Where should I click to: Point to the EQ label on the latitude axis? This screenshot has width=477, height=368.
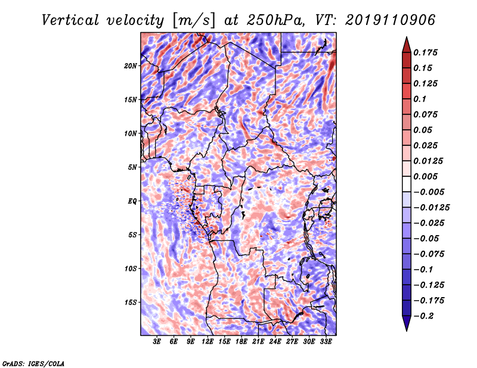[x=133, y=201]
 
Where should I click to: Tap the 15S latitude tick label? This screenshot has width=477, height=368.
[x=131, y=302]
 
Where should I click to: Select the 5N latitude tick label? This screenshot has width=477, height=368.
[x=133, y=167]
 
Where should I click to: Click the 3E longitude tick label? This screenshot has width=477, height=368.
[x=157, y=342]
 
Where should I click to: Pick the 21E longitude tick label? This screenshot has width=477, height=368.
[x=258, y=342]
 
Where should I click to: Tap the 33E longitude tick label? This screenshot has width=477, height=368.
[x=325, y=342]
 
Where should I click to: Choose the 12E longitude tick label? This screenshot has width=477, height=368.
[x=207, y=342]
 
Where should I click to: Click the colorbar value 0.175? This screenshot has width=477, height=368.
[x=427, y=52]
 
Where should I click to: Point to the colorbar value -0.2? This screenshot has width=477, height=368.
[x=424, y=316]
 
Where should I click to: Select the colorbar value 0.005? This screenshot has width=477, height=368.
[x=427, y=177]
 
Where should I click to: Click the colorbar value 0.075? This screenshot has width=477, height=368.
[x=427, y=114]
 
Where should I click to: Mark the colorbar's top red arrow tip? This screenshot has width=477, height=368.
[x=406, y=39]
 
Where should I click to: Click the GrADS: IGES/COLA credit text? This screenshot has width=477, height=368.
[x=33, y=363]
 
